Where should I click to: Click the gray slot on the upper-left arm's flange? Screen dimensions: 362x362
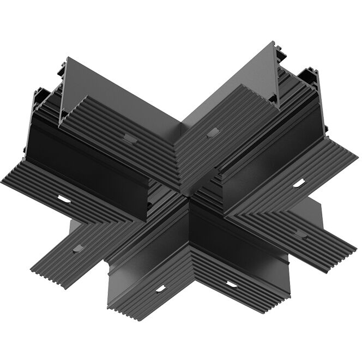(x=130, y=137)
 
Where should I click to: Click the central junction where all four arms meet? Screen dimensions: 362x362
(x=188, y=196)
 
